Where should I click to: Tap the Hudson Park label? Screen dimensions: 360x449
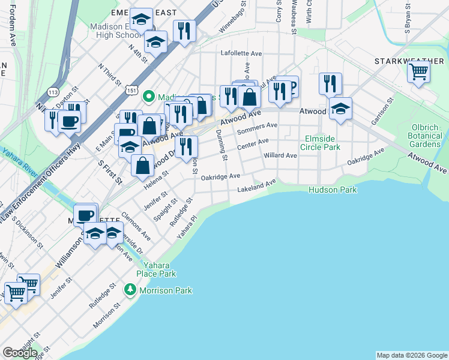333,190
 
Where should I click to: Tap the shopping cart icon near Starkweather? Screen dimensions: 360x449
418,73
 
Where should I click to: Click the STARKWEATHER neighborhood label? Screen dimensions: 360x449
410,61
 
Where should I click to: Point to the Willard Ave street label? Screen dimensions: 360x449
280,155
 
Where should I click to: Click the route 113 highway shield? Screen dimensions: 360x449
53,92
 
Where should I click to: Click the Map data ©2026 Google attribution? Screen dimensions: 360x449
412,355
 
